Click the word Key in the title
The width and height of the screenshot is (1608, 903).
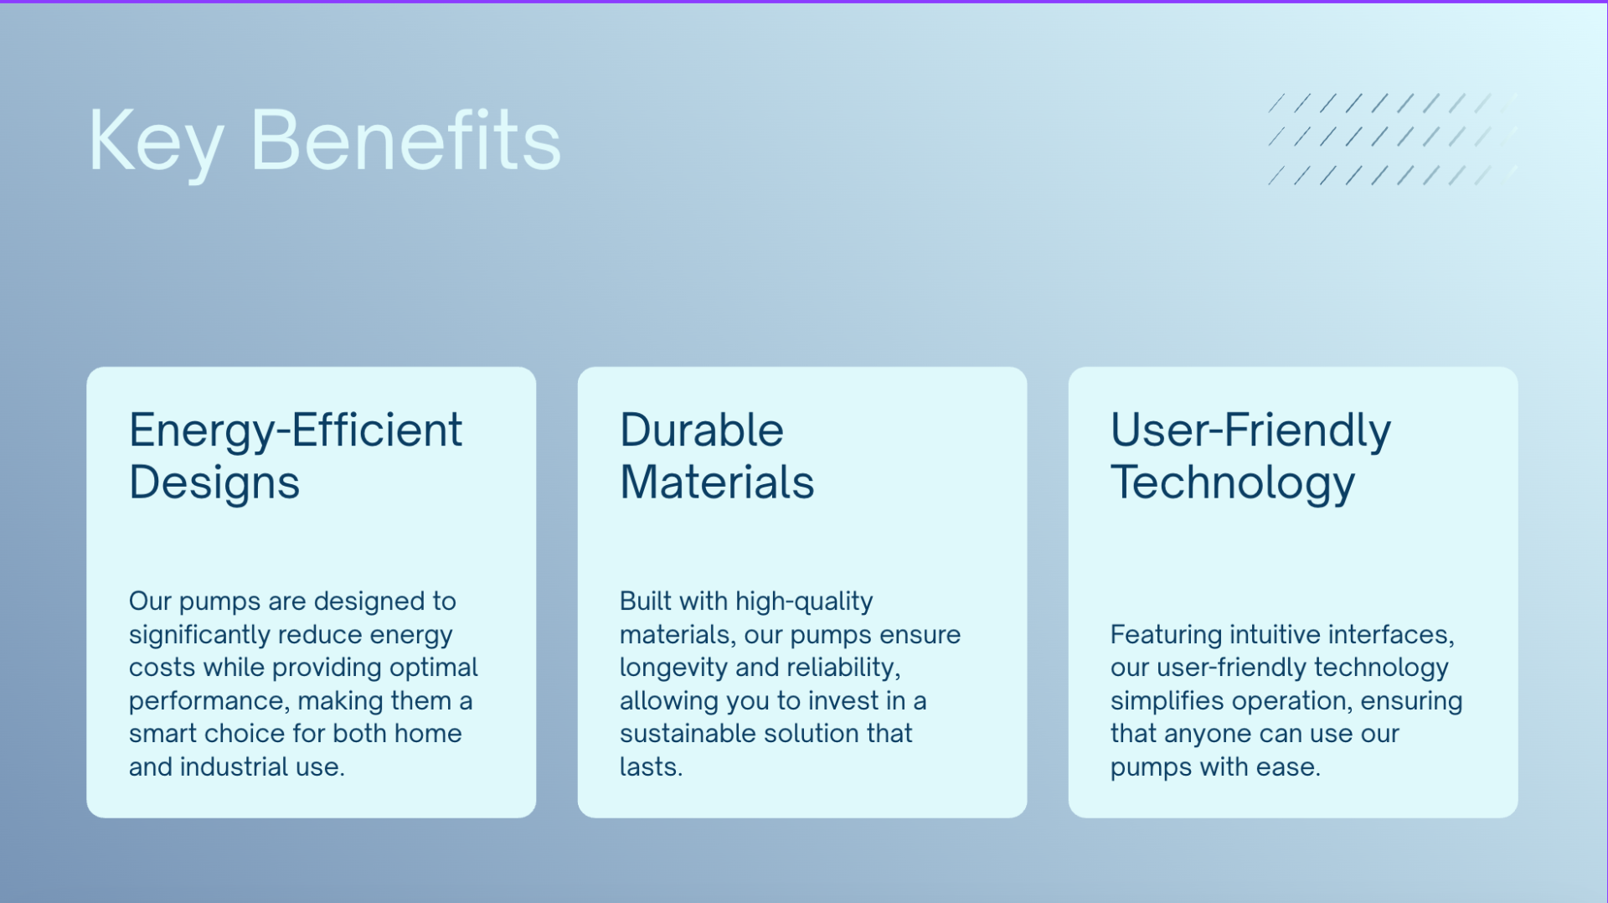(x=156, y=142)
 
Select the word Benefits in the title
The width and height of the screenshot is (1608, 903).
(x=406, y=140)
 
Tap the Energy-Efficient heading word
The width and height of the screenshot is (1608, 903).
(x=296, y=431)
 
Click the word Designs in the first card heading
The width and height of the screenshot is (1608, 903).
(x=214, y=483)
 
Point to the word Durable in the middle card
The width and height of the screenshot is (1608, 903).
(x=702, y=430)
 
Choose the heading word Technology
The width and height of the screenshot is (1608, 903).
(x=1233, y=483)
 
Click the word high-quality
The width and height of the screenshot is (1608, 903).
(x=804, y=601)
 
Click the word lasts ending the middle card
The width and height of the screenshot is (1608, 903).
(x=651, y=766)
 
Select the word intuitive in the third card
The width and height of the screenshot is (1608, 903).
(x=1275, y=634)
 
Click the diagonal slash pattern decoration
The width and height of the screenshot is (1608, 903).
(x=1393, y=139)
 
